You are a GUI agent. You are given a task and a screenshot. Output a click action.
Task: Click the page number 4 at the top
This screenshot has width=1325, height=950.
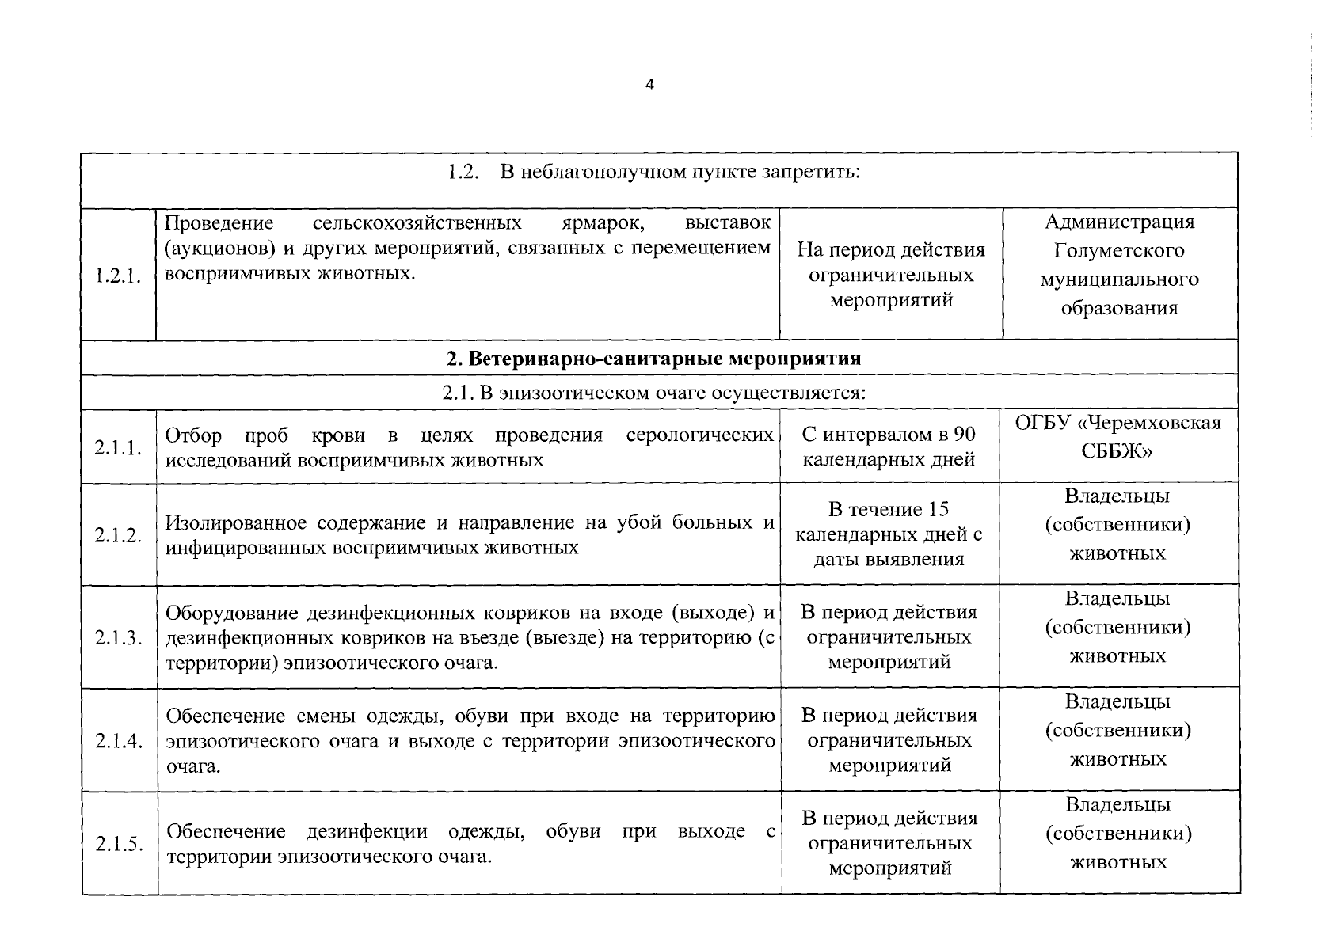[x=649, y=85]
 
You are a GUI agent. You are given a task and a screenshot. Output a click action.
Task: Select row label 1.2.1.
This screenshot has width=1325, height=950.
[x=118, y=276]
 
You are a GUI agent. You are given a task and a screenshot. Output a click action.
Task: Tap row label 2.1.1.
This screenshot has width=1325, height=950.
[x=118, y=448]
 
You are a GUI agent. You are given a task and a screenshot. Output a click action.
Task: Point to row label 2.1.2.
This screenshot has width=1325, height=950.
[x=118, y=536]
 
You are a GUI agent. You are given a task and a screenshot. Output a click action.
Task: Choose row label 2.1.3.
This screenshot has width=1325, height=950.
[x=118, y=638]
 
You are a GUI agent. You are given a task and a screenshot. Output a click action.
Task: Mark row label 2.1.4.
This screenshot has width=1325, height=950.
[x=118, y=741]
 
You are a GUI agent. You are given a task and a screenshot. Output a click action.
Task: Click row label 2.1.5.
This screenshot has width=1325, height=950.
[x=119, y=844]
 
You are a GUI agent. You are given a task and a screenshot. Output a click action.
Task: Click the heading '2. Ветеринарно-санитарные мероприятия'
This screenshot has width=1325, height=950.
[x=653, y=359]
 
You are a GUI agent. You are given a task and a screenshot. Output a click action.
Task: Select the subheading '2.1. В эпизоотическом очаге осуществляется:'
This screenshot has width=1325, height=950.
[x=653, y=393]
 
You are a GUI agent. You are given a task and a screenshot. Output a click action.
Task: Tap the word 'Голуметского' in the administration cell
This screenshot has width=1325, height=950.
[x=1119, y=251]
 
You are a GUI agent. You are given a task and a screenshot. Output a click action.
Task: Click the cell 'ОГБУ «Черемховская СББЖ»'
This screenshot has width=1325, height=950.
[x=1117, y=436]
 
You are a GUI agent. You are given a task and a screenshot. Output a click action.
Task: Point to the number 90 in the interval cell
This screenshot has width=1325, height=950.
[x=965, y=435]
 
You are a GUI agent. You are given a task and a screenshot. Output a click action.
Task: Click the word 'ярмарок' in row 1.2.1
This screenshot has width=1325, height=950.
[x=613, y=222]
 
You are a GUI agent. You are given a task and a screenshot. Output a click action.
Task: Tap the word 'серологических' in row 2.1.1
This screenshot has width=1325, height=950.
[x=699, y=435]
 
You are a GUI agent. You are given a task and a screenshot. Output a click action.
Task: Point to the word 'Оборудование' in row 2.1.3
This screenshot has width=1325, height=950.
[x=231, y=614]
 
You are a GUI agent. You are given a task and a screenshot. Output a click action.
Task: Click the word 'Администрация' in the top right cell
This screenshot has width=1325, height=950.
[x=1119, y=222]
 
